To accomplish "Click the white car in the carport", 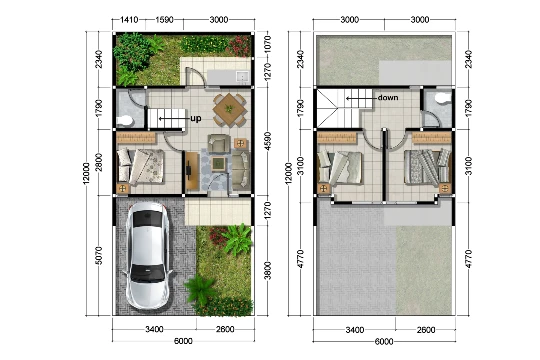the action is [148, 255].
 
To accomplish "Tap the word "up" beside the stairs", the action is [196, 119].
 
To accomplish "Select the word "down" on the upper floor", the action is [388, 97].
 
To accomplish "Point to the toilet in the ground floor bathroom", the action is [125, 121].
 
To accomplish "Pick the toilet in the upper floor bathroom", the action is [443, 98].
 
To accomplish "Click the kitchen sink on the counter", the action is [243, 76].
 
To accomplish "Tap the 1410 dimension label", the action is [129, 20].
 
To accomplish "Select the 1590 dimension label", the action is [164, 20].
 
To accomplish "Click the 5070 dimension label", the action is [98, 255].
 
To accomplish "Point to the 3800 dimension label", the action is [268, 271].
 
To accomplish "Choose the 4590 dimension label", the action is [268, 141].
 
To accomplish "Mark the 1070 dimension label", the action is [268, 43].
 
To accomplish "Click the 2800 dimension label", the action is [98, 162].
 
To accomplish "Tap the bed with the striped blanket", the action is [427, 167].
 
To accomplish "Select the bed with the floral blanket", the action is [141, 167].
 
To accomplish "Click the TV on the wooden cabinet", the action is [189, 170].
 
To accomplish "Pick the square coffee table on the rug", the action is [217, 164].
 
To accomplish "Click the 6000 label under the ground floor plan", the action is [183, 341].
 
